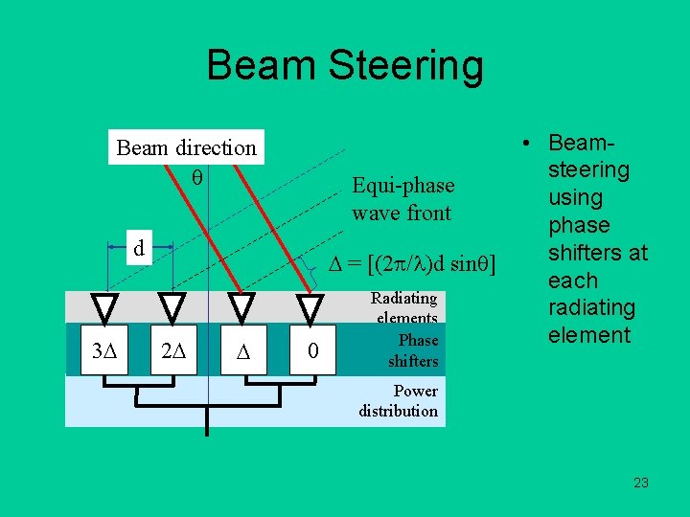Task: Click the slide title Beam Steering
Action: tap(345, 66)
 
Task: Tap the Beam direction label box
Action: tap(186, 147)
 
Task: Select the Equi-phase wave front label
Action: tap(402, 198)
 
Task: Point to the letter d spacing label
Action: tap(139, 248)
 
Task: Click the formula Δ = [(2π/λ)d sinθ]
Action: tap(412, 264)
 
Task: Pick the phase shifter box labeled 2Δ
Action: tap(172, 351)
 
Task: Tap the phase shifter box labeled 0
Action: tap(312, 351)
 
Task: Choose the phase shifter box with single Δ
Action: tap(242, 351)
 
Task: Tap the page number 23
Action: tap(641, 483)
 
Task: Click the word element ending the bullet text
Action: tap(589, 335)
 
